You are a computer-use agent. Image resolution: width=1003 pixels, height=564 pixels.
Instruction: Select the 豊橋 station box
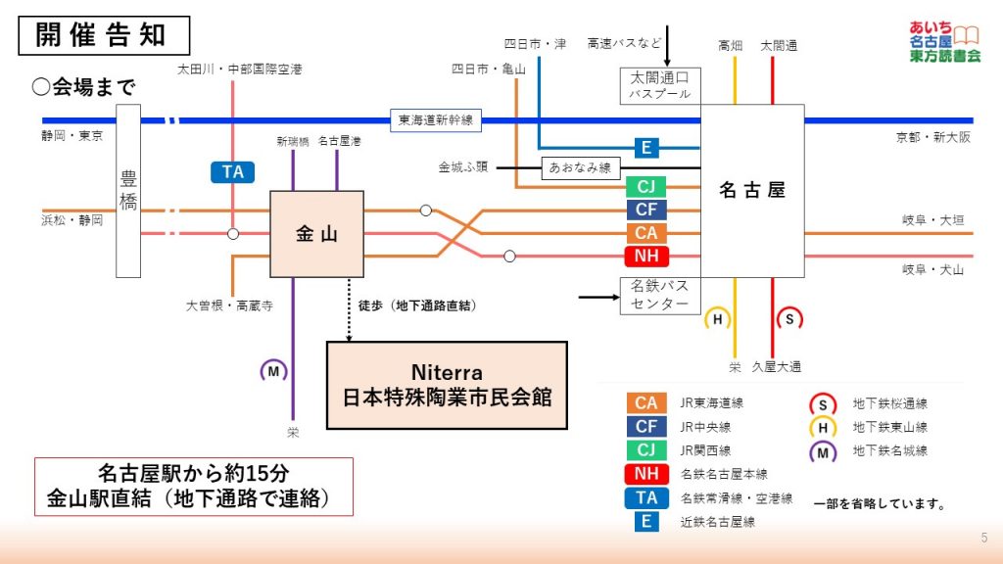click(x=128, y=191)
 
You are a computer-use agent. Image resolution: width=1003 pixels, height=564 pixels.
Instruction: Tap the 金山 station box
click(x=316, y=234)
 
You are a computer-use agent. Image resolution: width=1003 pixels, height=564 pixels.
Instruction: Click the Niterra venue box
click(x=447, y=385)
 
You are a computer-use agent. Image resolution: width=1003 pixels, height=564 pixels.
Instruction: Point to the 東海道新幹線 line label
click(x=435, y=120)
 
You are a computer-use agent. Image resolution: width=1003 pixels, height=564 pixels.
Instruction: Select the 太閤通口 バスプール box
click(x=660, y=85)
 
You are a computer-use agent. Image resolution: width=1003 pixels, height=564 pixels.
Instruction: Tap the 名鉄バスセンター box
click(x=660, y=295)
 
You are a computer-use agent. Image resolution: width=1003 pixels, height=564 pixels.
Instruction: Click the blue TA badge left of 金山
click(x=233, y=172)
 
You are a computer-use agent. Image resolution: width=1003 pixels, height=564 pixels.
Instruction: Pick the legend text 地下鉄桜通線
click(x=889, y=403)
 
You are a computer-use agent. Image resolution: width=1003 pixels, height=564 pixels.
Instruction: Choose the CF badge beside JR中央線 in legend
click(x=646, y=427)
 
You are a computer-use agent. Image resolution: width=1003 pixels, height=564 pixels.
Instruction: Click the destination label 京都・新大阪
click(x=933, y=138)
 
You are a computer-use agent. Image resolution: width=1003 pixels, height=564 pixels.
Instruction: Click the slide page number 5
click(x=983, y=538)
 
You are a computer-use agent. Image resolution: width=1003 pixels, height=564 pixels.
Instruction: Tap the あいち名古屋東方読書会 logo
click(x=943, y=41)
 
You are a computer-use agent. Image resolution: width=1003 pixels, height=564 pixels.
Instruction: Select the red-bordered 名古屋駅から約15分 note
click(x=193, y=487)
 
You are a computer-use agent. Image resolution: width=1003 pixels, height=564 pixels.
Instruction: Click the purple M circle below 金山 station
click(x=273, y=371)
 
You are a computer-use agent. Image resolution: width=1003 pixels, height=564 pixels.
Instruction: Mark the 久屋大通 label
click(x=777, y=367)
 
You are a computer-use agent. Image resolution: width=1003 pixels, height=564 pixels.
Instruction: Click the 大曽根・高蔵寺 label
click(x=229, y=305)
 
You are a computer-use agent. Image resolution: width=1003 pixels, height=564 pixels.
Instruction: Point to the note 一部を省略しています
click(x=879, y=504)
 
